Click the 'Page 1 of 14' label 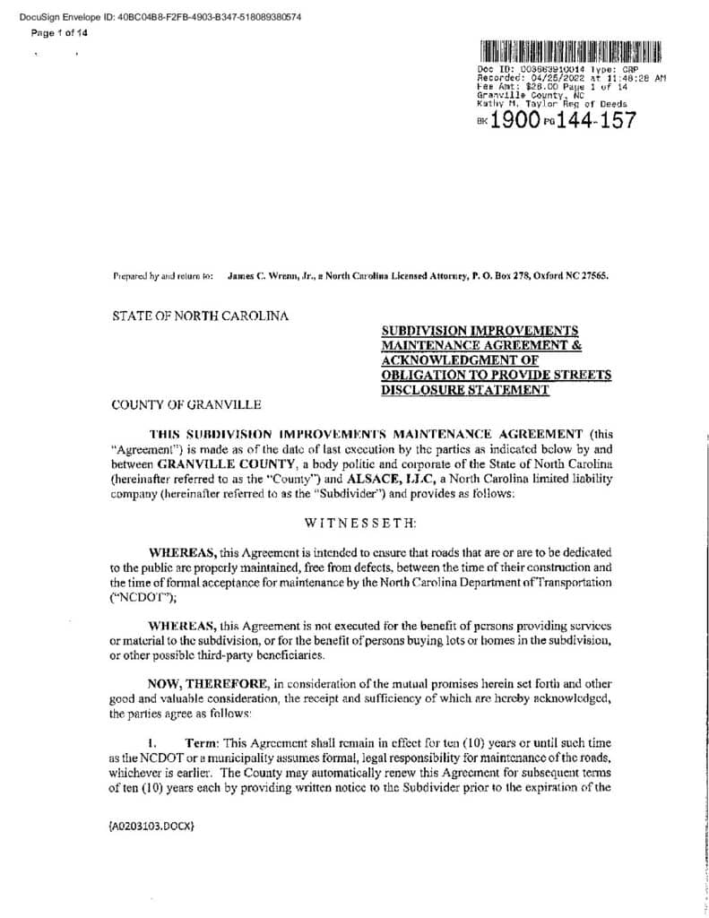pos(59,33)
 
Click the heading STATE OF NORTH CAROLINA pos(200,316)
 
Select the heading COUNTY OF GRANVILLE pos(186,405)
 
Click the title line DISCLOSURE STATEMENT pos(464,391)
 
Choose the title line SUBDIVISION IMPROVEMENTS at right pos(480,331)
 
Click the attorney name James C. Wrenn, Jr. pos(267,277)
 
